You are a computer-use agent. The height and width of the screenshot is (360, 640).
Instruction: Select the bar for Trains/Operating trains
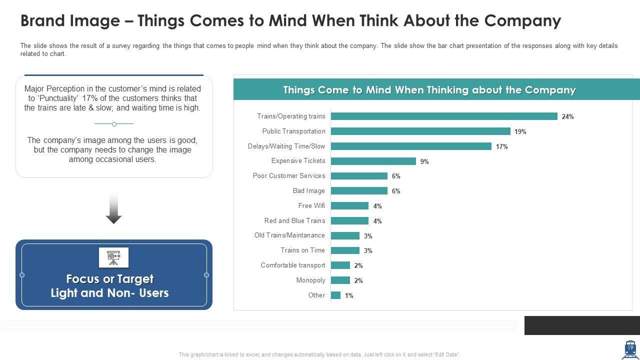click(x=444, y=116)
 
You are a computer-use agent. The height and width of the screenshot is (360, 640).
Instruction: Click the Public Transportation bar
click(x=420, y=131)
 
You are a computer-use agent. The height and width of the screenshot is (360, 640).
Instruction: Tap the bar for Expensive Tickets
click(x=373, y=161)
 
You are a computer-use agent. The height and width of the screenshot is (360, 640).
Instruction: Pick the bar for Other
click(x=336, y=295)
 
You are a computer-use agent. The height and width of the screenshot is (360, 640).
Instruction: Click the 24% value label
click(x=567, y=116)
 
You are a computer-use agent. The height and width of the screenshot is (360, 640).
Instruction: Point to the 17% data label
click(x=501, y=146)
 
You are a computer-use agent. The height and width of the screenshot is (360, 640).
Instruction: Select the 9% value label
click(x=424, y=161)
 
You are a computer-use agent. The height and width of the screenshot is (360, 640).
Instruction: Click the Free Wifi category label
click(x=311, y=205)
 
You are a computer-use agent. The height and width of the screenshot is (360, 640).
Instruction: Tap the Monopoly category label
click(x=310, y=280)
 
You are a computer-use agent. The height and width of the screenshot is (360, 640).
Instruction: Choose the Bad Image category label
click(x=308, y=190)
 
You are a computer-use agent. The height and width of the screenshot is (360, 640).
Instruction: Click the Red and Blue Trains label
click(x=294, y=220)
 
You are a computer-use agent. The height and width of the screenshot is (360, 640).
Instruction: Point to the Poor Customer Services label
click(x=289, y=175)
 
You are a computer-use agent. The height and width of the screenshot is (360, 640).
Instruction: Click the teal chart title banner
click(x=429, y=90)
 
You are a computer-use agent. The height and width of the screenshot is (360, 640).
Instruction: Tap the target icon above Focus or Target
click(x=114, y=257)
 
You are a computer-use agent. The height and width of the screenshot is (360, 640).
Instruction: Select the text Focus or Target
click(x=110, y=278)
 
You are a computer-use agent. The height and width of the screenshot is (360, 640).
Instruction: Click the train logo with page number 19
click(x=629, y=349)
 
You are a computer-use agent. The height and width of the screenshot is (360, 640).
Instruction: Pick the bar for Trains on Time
click(x=345, y=250)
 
